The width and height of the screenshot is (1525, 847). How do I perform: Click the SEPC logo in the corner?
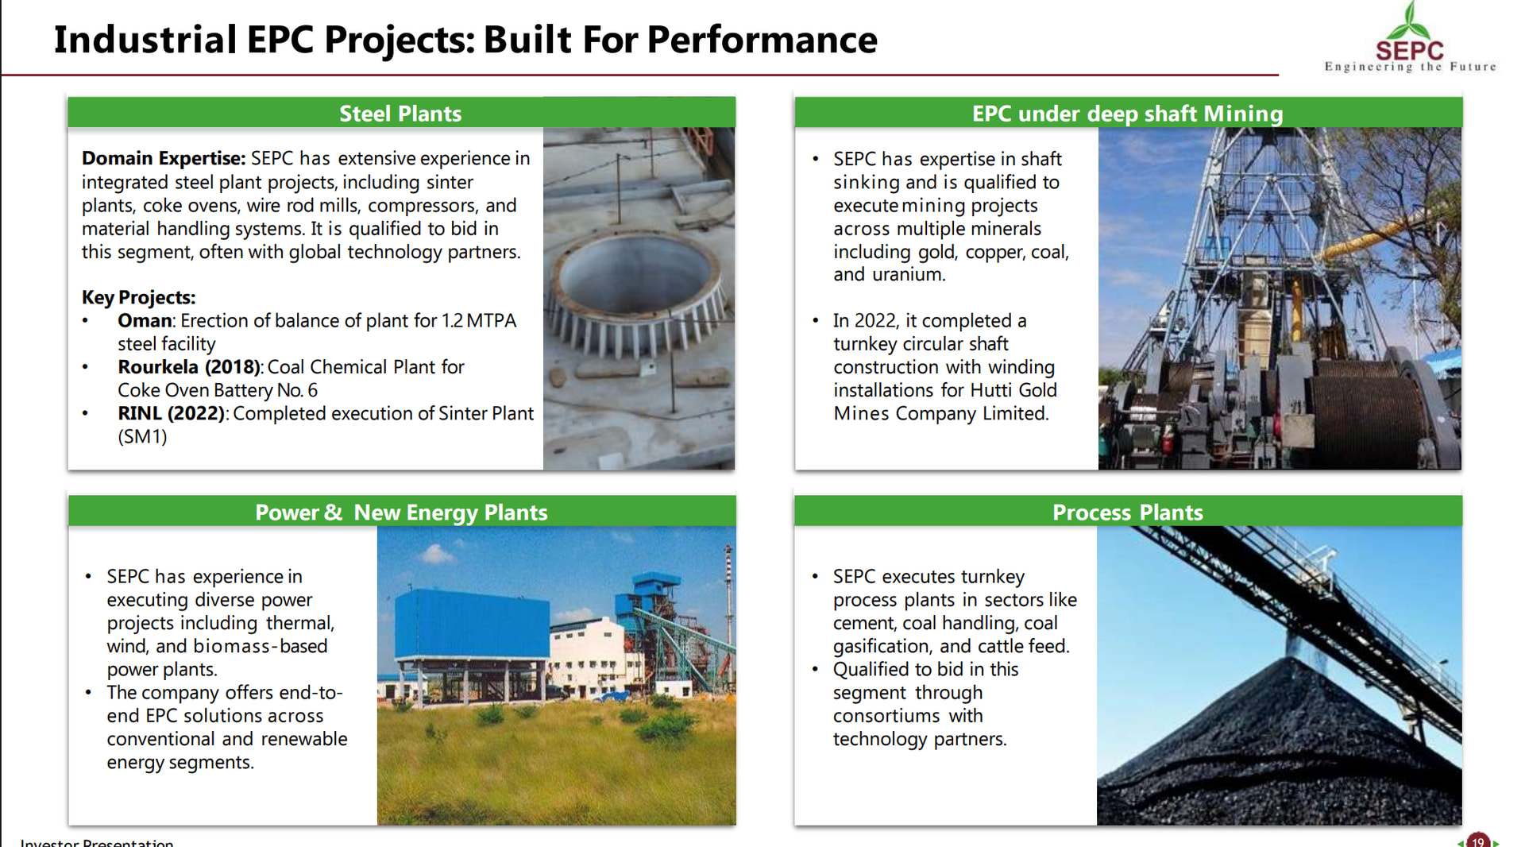click(1410, 38)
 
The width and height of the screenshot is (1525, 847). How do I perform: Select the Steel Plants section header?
click(400, 114)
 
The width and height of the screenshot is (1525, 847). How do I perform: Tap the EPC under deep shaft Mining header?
click(1127, 114)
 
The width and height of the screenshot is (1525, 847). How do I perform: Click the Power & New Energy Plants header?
click(401, 512)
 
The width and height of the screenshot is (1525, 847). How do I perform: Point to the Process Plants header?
click(1127, 512)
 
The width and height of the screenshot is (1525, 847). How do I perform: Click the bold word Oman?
click(145, 320)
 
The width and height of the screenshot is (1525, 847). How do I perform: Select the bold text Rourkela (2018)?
click(190, 367)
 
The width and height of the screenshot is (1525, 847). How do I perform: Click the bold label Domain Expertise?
click(164, 159)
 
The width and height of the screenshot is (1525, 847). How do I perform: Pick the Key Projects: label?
click(138, 297)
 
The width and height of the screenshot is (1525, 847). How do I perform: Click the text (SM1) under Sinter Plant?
click(142, 437)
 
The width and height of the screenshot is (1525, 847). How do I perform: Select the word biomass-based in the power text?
click(261, 646)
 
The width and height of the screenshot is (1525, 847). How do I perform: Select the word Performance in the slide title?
click(762, 40)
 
